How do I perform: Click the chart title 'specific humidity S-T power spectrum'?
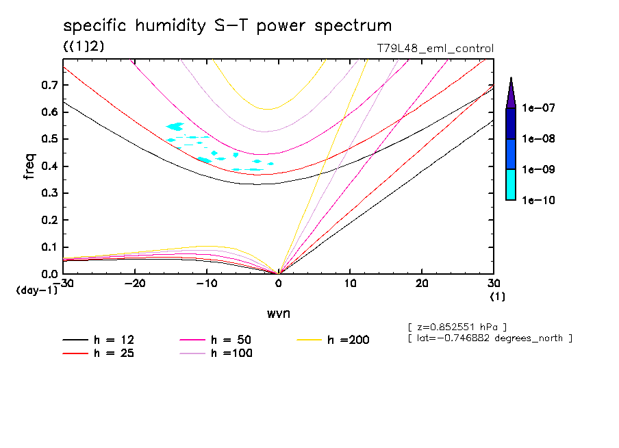[227, 27]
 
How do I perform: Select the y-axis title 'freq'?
[29, 166]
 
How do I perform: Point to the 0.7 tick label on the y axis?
[49, 85]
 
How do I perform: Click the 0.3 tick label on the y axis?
[49, 193]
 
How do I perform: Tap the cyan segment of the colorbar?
[511, 184]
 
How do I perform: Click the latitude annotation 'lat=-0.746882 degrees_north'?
[490, 338]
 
